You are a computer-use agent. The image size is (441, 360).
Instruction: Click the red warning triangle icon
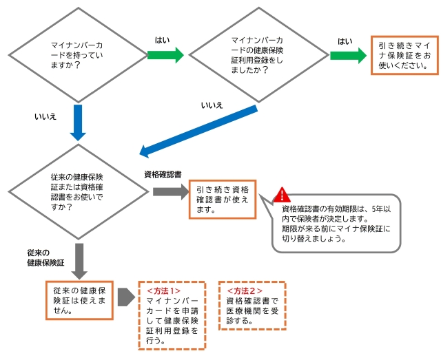[283, 195]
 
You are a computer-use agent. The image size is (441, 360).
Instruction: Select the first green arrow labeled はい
[166, 54]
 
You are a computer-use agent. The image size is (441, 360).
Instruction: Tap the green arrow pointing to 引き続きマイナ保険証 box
[348, 54]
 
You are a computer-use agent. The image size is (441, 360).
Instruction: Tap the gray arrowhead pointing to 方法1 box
[125, 297]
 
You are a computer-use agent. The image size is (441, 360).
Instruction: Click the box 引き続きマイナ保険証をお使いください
[404, 55]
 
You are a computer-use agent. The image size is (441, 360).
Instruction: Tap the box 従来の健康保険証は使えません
[78, 299]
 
